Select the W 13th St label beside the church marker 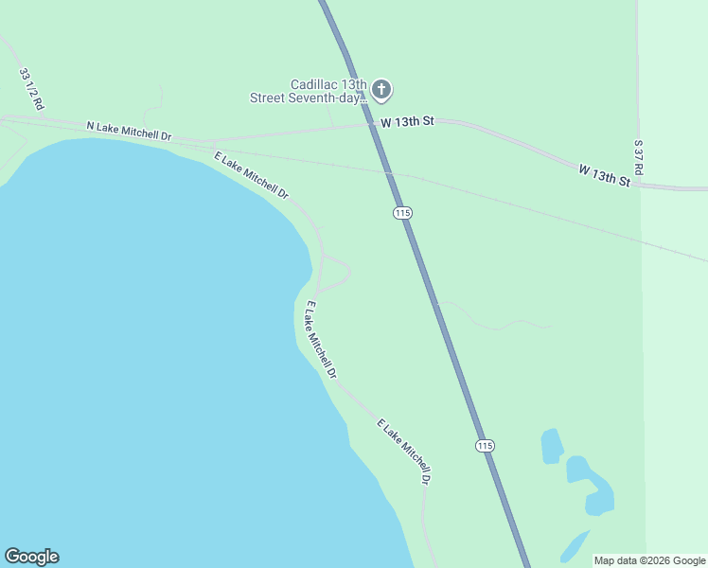pyautogui.click(x=407, y=121)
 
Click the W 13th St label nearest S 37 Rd pyautogui.click(x=604, y=174)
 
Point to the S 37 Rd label pyautogui.click(x=639, y=156)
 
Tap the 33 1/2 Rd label pyautogui.click(x=31, y=89)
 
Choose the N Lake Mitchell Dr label pyautogui.click(x=129, y=131)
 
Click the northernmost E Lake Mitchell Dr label pyautogui.click(x=251, y=175)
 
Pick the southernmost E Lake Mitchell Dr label pyautogui.click(x=404, y=452)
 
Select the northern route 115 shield pyautogui.click(x=402, y=213)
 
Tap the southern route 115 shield pyautogui.click(x=485, y=445)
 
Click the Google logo pyautogui.click(x=31, y=557)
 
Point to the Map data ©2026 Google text pyautogui.click(x=649, y=560)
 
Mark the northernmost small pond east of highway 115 pyautogui.click(x=551, y=446)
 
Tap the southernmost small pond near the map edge pyautogui.click(x=574, y=546)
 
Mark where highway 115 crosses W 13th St pyautogui.click(x=377, y=123)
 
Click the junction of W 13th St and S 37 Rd pyautogui.click(x=640, y=186)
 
